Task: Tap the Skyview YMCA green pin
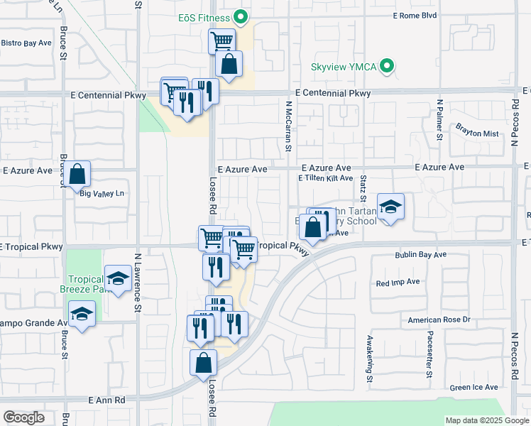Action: pos(387,67)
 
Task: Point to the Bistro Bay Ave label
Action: pos(26,43)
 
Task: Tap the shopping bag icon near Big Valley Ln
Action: pos(78,173)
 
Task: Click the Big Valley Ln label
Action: pos(102,193)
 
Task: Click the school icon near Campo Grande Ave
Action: pos(82,313)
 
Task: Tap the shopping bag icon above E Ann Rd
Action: pos(203,361)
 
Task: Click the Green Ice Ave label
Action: pos(473,388)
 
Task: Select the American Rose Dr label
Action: pos(439,320)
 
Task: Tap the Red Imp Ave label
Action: pos(398,282)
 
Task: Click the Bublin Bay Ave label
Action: pos(420,254)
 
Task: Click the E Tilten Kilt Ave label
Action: pos(325,178)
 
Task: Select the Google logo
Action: pos(24,417)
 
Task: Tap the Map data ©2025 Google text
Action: pos(486,420)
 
